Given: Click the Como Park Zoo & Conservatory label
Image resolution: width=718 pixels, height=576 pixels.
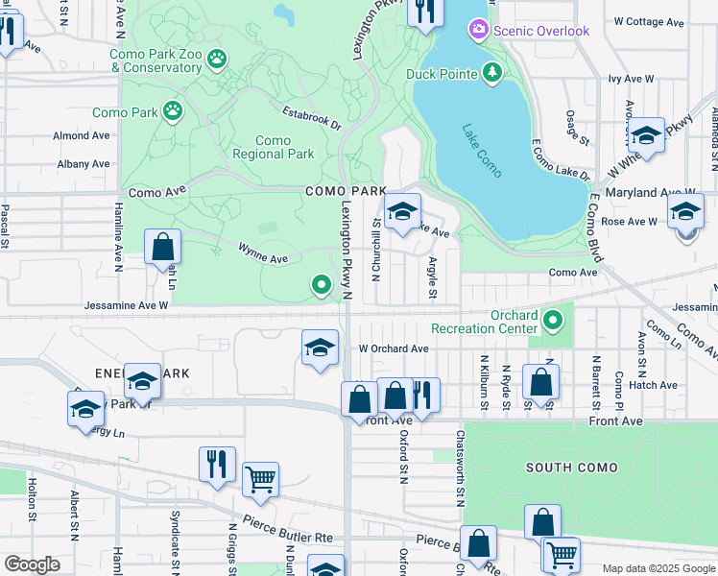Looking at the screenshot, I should (x=156, y=60).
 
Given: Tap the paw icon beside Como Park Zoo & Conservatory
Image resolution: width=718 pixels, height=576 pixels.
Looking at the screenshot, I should (x=218, y=60).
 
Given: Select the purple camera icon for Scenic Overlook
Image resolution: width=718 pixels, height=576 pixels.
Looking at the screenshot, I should (x=478, y=31).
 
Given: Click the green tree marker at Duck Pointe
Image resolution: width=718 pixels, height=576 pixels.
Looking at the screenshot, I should (x=492, y=73).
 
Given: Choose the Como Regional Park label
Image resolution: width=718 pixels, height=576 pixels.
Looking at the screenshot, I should (x=273, y=147).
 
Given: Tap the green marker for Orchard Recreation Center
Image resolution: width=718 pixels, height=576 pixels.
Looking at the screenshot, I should (x=551, y=320).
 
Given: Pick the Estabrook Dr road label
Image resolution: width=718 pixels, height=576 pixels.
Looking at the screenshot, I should (x=311, y=116).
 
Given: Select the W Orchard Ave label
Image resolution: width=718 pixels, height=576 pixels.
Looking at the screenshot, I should (x=393, y=348).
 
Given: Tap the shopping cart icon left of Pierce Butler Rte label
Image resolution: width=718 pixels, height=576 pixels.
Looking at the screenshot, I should (x=260, y=479).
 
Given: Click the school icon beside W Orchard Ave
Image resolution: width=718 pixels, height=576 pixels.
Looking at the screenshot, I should (x=320, y=347).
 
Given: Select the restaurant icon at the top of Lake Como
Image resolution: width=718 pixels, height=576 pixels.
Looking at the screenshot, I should (x=423, y=12).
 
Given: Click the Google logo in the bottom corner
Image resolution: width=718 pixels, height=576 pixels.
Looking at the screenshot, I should (x=32, y=564).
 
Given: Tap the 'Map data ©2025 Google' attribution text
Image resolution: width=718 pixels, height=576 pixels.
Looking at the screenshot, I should (x=657, y=568).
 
